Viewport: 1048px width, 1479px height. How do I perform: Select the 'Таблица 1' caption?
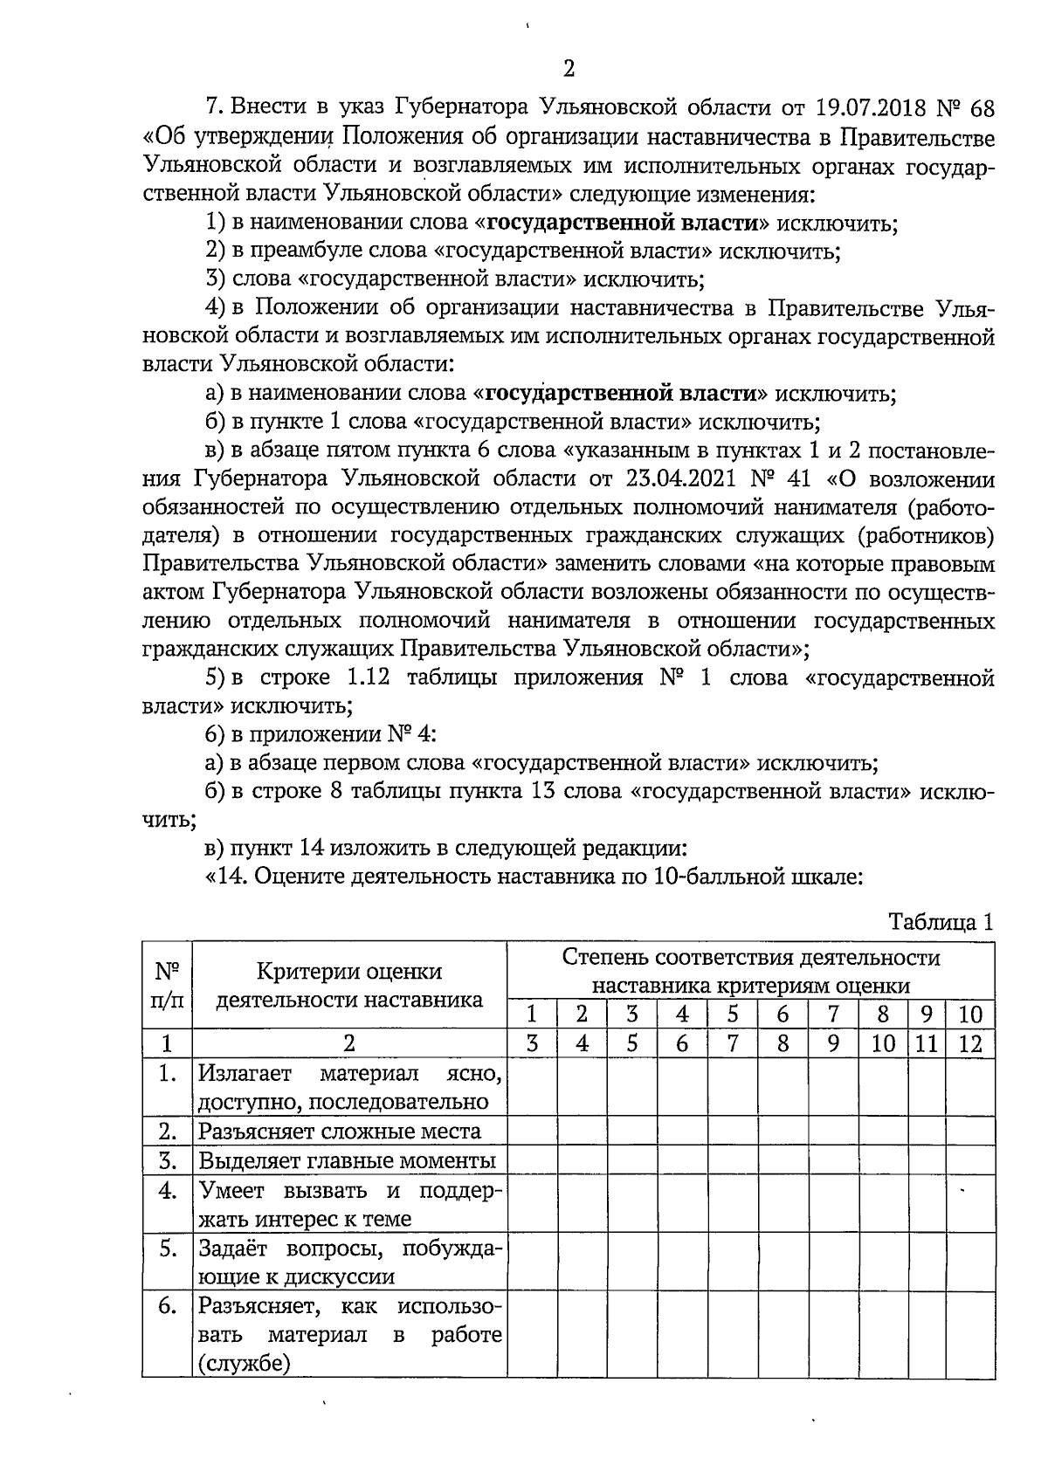[941, 922]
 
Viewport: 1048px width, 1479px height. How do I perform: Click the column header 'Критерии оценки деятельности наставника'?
[349, 986]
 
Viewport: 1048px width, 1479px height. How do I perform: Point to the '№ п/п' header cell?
[167, 986]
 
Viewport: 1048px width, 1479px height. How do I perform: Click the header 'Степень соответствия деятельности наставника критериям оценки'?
[751, 971]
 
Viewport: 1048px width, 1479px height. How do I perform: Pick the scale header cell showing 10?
[970, 1015]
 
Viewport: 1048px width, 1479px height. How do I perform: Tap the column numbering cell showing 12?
[970, 1043]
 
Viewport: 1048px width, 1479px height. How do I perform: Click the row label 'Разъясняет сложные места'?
[339, 1132]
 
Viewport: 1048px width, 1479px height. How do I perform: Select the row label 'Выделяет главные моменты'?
[347, 1161]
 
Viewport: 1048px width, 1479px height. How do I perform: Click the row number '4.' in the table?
[168, 1191]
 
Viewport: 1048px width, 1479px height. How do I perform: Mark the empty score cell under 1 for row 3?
[533, 1161]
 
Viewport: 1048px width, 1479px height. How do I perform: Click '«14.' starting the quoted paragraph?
[226, 877]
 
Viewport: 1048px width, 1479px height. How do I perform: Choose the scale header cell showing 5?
[733, 1015]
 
